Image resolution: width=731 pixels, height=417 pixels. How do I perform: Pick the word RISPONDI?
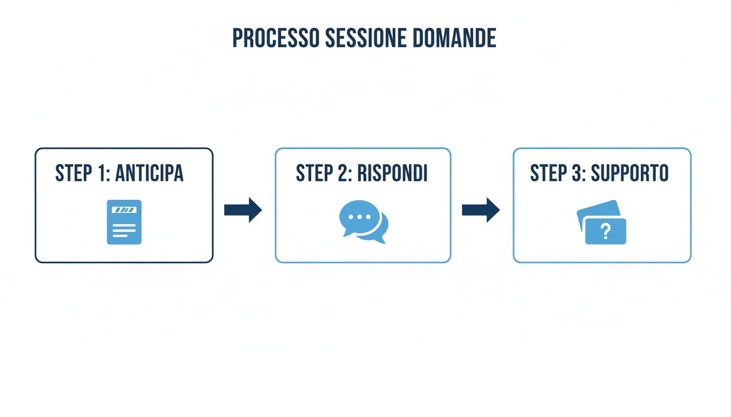392,174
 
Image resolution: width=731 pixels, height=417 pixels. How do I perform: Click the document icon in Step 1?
124,222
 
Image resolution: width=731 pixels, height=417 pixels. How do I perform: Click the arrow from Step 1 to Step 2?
243,210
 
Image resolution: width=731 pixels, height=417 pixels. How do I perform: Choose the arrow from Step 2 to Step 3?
481,210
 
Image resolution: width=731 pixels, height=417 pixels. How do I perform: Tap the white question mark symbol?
605,232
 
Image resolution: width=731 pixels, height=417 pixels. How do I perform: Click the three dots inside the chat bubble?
358,217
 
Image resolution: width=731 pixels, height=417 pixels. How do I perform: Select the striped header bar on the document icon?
124,209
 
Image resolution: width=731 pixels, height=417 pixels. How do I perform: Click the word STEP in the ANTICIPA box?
73,174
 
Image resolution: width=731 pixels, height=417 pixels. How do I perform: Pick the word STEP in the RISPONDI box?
314,174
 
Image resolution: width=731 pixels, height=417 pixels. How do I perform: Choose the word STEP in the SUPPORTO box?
548,174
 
